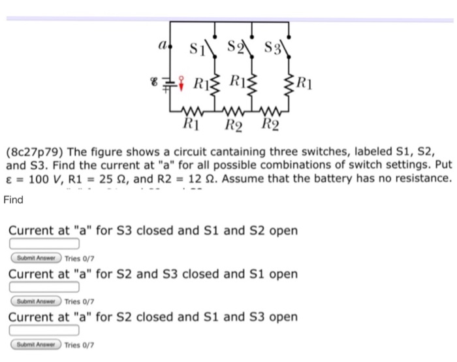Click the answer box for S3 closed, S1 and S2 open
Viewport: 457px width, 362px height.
click(x=44, y=244)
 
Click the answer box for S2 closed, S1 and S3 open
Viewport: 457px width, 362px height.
click(x=44, y=330)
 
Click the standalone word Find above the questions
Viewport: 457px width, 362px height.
click(x=13, y=200)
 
